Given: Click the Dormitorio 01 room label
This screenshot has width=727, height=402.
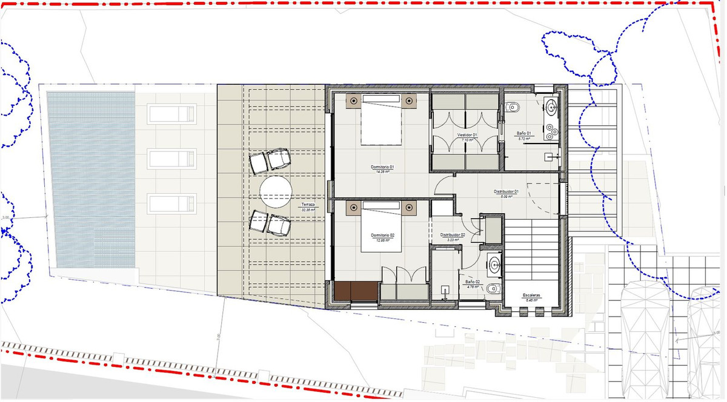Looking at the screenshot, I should click(383, 166).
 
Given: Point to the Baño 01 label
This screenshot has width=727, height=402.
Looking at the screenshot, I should click(524, 133).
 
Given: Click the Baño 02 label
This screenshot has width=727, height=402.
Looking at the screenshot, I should click(473, 282).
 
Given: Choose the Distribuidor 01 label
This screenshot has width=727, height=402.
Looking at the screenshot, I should click(506, 191).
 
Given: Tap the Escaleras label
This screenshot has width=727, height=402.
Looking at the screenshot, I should click(531, 295).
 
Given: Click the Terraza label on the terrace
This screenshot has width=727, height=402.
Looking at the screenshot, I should click(308, 205).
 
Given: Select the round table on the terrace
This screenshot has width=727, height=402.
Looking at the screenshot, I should click(276, 193).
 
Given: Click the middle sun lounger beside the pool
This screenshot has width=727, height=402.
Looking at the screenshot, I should click(172, 159).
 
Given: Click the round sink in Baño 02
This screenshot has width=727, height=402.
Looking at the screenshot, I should click(494, 265).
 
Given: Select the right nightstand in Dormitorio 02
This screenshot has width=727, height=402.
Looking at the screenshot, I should click(410, 209).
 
